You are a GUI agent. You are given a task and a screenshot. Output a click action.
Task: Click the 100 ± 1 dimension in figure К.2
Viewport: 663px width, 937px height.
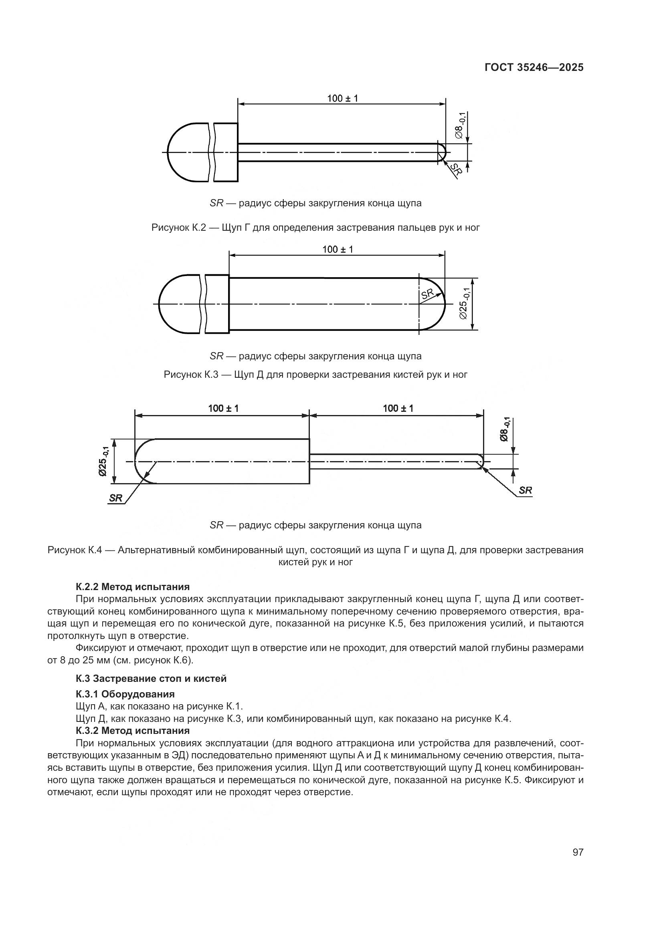click(342, 99)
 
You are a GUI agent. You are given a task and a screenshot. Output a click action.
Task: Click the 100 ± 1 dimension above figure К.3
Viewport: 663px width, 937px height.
click(337, 249)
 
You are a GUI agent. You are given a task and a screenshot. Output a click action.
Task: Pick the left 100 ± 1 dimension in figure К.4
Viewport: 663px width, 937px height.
click(223, 408)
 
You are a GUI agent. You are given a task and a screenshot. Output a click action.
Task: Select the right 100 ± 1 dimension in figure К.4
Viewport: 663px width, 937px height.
click(398, 408)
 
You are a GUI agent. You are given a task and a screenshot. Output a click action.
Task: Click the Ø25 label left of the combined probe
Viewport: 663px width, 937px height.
click(104, 461)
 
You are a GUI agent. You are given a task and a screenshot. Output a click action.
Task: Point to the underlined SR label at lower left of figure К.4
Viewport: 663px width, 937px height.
click(116, 498)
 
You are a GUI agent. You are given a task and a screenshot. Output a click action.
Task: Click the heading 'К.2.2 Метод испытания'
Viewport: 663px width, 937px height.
click(133, 587)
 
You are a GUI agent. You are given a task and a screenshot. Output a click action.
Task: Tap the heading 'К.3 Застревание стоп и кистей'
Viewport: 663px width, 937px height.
click(151, 679)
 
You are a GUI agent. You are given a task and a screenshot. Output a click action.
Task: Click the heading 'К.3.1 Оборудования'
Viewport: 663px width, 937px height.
click(125, 694)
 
